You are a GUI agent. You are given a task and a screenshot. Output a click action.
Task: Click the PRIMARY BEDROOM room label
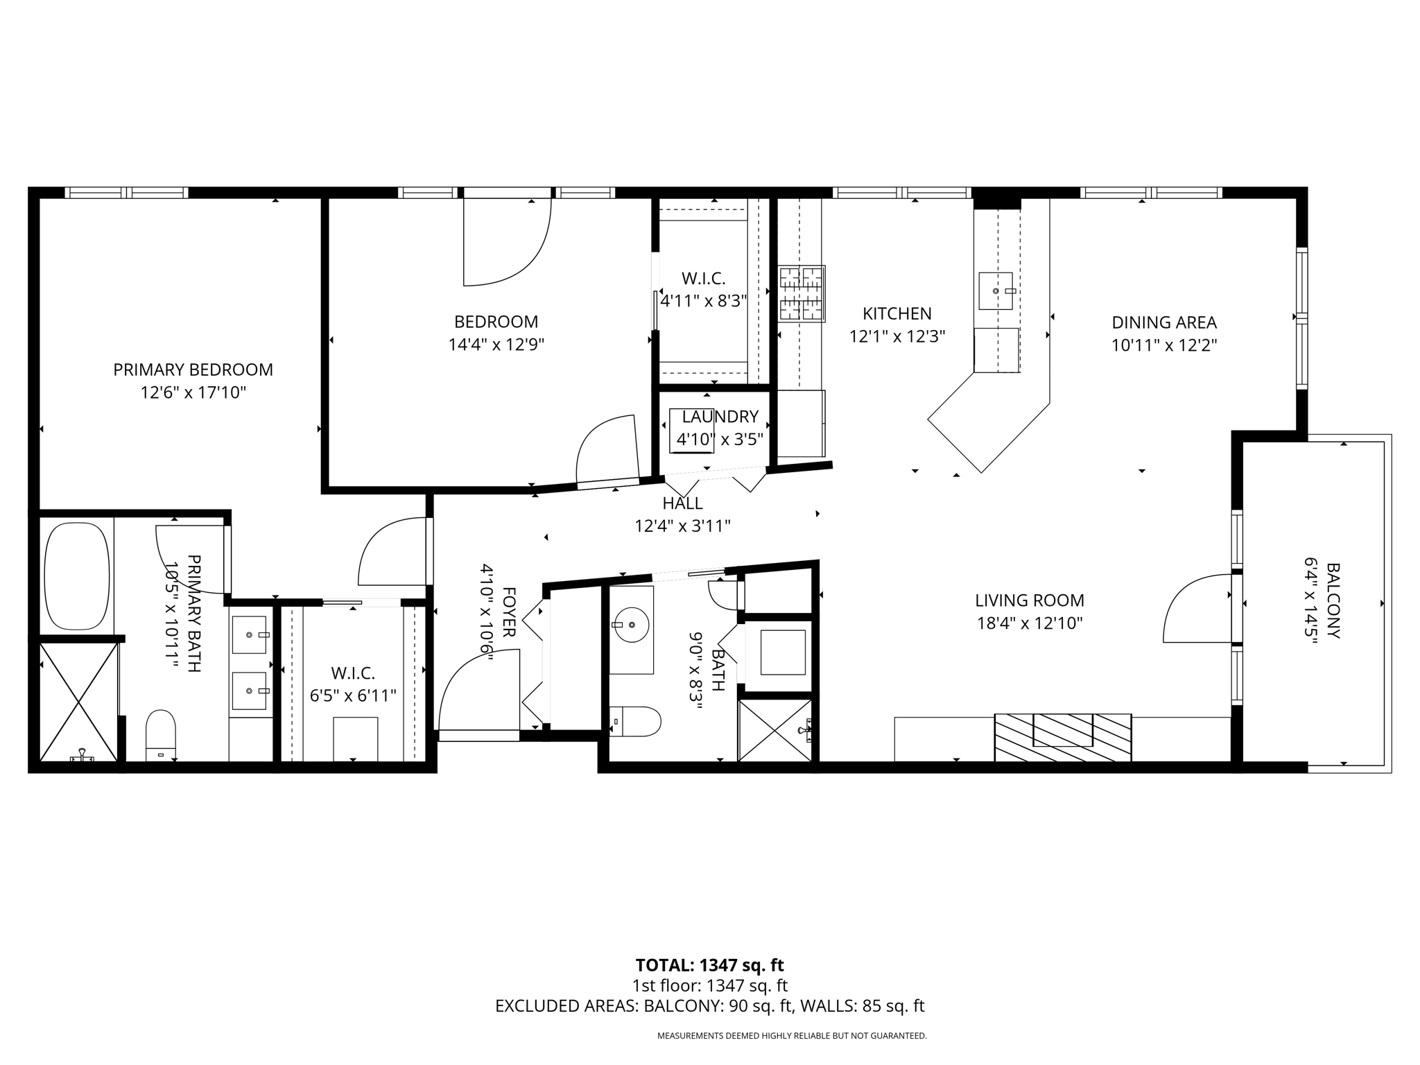point(193,370)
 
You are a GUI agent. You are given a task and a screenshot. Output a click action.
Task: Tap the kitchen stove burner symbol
point(802,294)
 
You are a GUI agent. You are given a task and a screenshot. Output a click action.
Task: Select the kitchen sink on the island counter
point(996,291)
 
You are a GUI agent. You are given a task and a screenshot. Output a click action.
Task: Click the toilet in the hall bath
point(635,722)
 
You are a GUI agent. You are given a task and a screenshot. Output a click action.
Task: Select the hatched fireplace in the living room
point(1062,738)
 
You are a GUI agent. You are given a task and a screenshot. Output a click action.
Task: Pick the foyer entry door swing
point(478,690)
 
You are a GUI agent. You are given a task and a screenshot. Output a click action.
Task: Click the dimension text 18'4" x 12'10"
point(1030,623)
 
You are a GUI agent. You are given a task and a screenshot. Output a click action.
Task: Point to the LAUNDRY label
point(720,417)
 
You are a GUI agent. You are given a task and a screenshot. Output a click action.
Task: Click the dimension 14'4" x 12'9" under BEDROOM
point(496,345)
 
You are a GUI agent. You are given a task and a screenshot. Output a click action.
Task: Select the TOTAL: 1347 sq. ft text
point(709,965)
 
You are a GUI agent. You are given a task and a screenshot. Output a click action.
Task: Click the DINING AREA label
point(1164,322)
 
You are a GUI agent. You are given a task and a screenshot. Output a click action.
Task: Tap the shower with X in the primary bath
point(78,702)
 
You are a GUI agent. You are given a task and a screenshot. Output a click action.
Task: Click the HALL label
point(682,503)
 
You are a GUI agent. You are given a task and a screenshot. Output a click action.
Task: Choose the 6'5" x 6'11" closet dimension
point(353,695)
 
